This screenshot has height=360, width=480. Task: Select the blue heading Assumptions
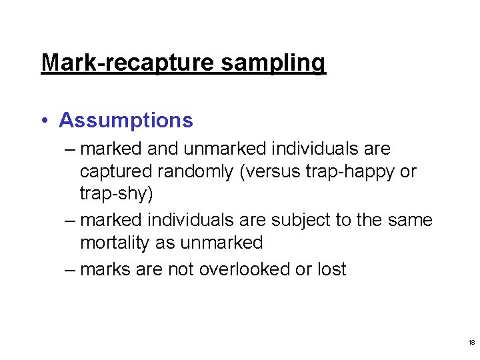point(126,121)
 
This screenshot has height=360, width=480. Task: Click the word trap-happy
point(343,171)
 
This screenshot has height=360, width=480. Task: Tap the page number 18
point(471,342)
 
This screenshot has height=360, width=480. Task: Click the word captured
point(116,171)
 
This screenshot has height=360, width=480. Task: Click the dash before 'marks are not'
point(71,269)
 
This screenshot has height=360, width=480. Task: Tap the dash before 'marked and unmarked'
point(71,149)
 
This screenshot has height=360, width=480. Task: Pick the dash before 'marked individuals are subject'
point(71,220)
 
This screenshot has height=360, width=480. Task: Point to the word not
point(183,269)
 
